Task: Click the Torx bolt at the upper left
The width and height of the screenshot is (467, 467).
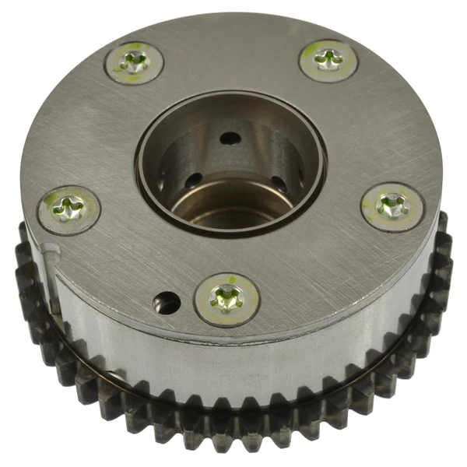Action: click(134, 63)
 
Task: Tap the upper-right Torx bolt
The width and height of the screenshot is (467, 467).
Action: click(328, 59)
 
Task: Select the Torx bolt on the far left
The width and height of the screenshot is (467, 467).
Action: click(69, 208)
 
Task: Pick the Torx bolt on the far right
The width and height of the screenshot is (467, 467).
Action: click(392, 206)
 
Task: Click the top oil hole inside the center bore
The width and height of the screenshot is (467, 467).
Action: click(230, 138)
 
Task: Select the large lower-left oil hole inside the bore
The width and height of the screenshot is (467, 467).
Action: click(193, 181)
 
